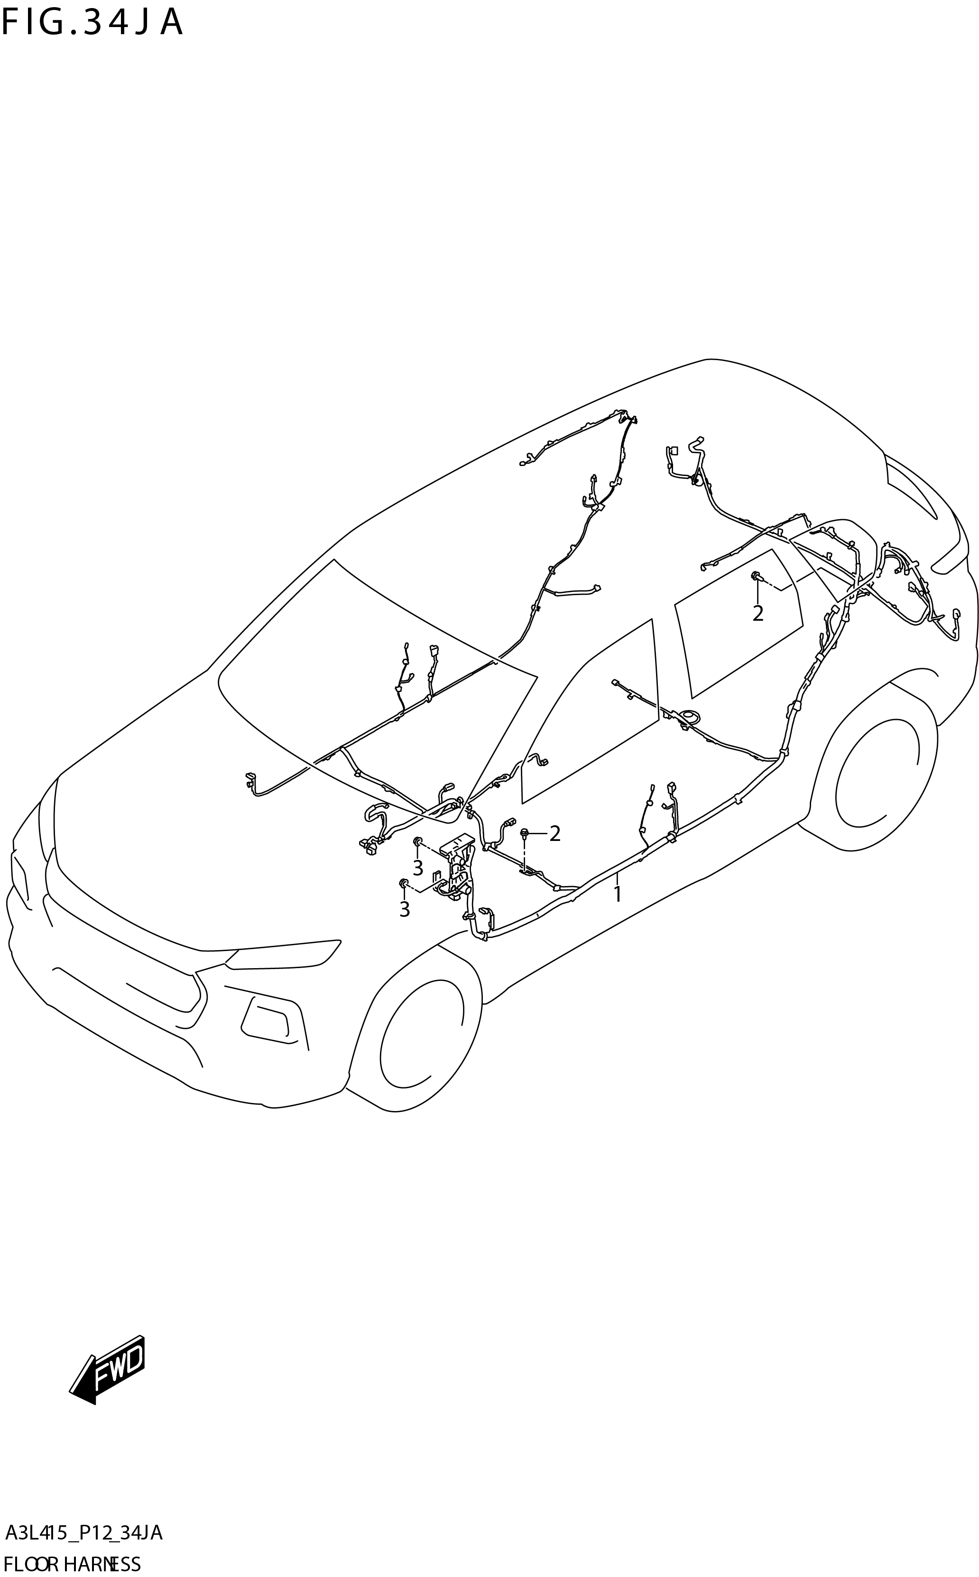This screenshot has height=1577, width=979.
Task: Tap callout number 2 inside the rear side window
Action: pyautogui.click(x=757, y=613)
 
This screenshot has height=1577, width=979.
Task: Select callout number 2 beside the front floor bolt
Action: pyautogui.click(x=554, y=833)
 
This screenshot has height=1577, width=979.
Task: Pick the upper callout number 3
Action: pyautogui.click(x=417, y=867)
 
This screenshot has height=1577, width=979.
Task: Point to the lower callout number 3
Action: pyautogui.click(x=404, y=909)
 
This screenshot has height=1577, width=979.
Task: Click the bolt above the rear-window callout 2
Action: pyautogui.click(x=755, y=575)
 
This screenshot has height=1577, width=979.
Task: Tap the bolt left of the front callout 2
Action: pyautogui.click(x=525, y=832)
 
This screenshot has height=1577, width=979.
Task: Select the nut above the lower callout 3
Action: pyautogui.click(x=403, y=883)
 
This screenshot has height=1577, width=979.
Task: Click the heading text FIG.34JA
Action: pyautogui.click(x=92, y=23)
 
